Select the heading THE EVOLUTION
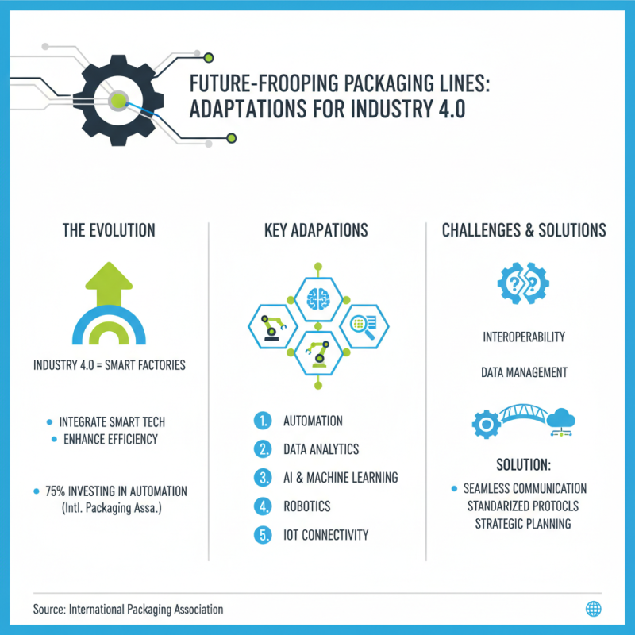109,230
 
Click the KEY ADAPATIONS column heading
316,230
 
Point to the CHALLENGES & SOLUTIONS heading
524,230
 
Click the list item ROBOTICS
306,506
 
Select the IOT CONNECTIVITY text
325,535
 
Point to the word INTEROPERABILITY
524,337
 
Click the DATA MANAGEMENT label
524,371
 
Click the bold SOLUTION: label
524,464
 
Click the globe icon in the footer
592,609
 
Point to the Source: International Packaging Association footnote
128,610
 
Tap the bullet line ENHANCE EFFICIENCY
110,439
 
